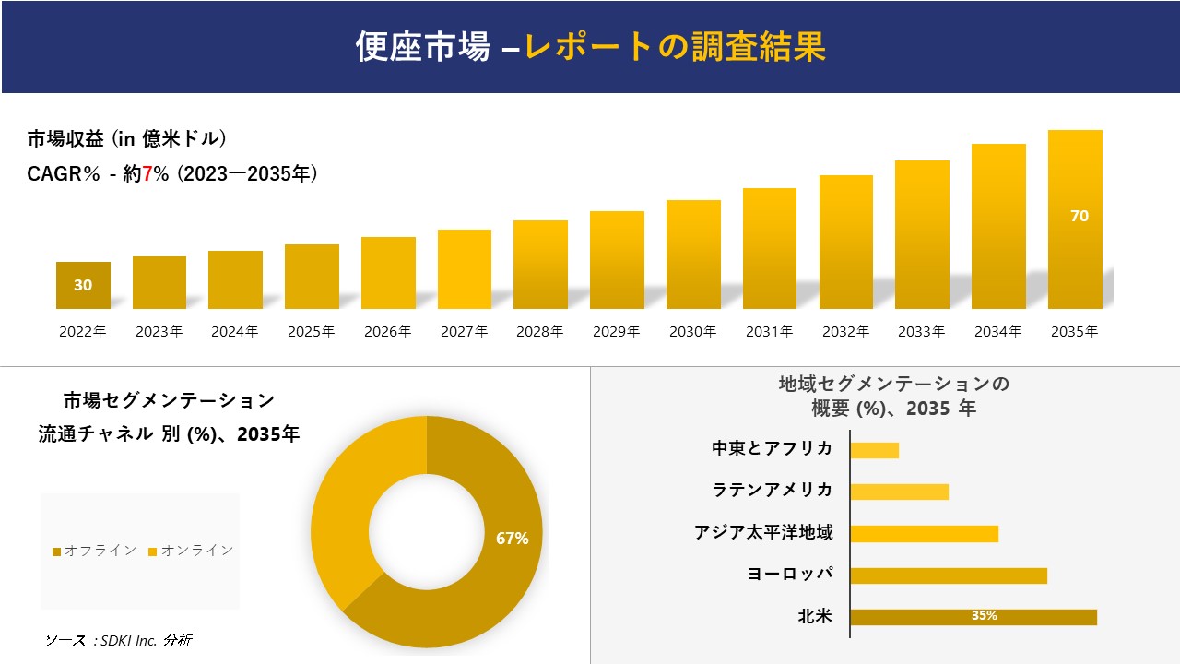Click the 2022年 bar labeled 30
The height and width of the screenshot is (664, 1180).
83,285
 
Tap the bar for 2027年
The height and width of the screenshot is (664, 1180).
465,269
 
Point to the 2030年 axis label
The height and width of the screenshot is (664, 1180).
692,332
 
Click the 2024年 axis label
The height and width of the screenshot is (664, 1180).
235,332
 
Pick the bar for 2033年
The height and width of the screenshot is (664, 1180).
922,235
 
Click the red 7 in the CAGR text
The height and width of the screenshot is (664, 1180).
147,174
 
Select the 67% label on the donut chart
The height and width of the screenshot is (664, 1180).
512,539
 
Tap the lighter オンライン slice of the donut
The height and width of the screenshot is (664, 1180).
355,498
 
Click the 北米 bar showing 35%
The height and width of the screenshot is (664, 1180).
973,617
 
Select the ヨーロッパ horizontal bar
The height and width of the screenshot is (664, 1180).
949,575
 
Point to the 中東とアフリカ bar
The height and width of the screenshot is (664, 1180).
874,450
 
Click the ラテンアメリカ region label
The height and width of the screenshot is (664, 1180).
773,490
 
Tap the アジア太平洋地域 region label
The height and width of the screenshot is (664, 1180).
763,533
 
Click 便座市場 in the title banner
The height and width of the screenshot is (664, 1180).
422,46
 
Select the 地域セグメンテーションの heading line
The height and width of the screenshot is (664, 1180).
893,384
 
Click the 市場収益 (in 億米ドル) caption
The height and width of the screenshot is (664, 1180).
126,139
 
